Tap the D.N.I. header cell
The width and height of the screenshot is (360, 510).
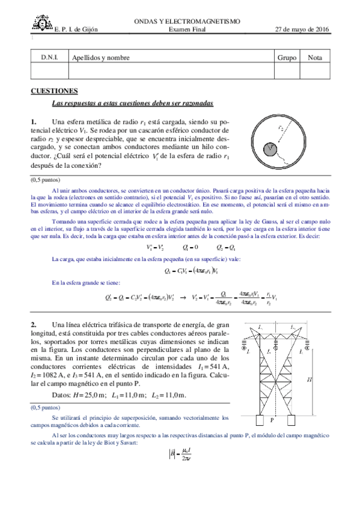pyautogui.click(x=49, y=58)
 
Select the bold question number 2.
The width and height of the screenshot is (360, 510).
pyautogui.click(x=34, y=324)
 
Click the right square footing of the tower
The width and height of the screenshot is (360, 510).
pyautogui.click(x=291, y=420)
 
